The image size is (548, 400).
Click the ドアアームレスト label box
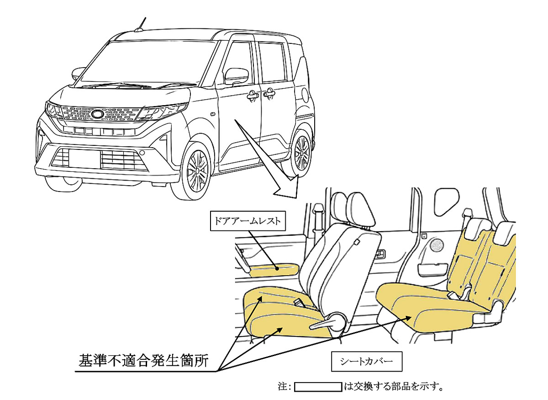[x=248, y=221]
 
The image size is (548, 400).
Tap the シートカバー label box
[x=367, y=361]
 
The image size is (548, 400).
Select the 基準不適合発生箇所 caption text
[x=143, y=361]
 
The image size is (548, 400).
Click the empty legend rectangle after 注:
[x=318, y=387]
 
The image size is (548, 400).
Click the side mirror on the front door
[x=237, y=76]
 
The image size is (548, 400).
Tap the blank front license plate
[x=84, y=159]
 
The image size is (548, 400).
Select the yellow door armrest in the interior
[x=274, y=270]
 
